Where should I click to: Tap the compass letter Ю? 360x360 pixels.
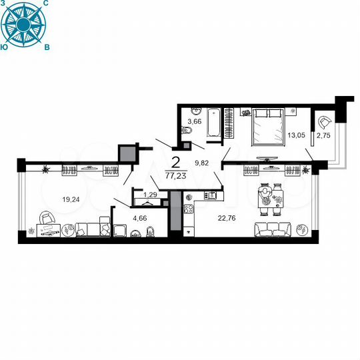click(x=5, y=47)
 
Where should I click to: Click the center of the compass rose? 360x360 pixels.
click(x=25, y=25)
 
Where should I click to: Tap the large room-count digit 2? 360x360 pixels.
click(x=176, y=161)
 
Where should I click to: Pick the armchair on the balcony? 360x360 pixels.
click(x=326, y=121)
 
